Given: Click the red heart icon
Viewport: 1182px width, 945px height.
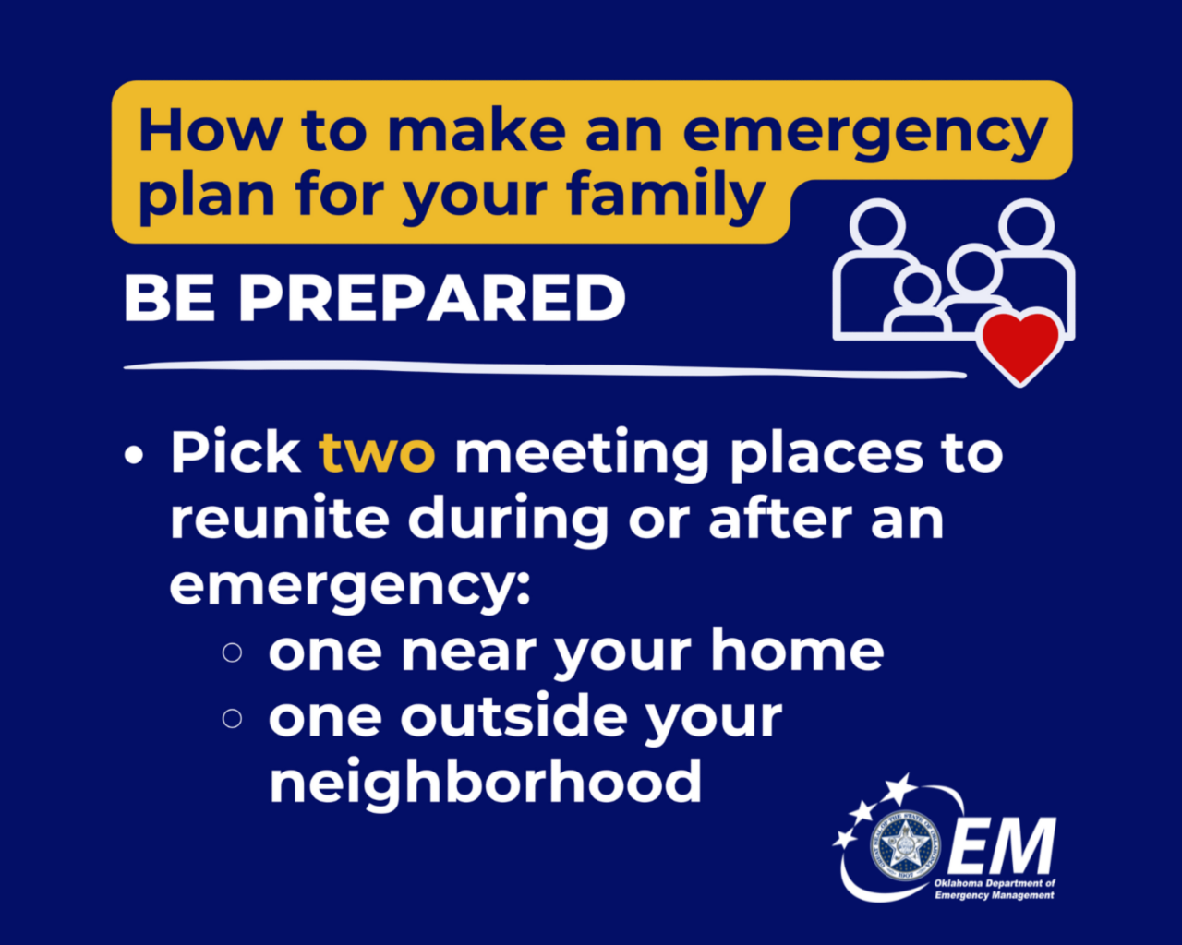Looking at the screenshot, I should (x=1019, y=345).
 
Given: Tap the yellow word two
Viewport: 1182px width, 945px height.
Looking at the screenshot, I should (x=376, y=453).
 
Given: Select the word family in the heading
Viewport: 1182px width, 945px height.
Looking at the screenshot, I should (x=665, y=197).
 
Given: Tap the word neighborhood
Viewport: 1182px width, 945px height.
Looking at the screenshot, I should (x=486, y=783).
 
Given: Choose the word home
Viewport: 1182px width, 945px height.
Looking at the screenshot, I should (x=797, y=651).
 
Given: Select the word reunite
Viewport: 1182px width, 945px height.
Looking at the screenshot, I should (x=279, y=519).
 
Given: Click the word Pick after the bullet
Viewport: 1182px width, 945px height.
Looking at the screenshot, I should (x=235, y=453).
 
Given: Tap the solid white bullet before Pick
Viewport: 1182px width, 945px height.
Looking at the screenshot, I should (x=136, y=455).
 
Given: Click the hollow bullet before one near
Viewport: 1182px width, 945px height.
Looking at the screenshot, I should (x=232, y=652).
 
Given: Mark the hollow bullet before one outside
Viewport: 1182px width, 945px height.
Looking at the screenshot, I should (x=232, y=718).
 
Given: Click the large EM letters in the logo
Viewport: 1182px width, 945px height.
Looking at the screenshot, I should (x=1001, y=846).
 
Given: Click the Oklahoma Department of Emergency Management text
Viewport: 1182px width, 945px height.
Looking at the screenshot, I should (x=994, y=890).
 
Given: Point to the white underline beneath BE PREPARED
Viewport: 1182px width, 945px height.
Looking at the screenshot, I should (x=545, y=369).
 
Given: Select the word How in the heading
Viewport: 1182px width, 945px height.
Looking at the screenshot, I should (x=210, y=131).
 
